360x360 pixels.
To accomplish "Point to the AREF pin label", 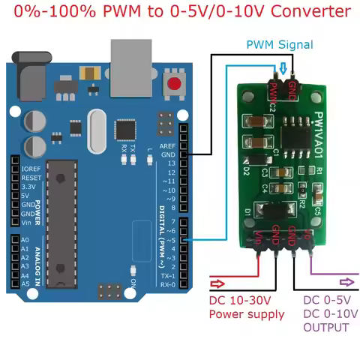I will pos(169,145).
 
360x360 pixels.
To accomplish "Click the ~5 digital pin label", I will pos(170,240).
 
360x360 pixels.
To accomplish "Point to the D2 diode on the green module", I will pos(246,171).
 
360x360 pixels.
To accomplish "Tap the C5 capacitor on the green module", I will pos(317,211).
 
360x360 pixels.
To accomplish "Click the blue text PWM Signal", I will pos(280,45).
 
